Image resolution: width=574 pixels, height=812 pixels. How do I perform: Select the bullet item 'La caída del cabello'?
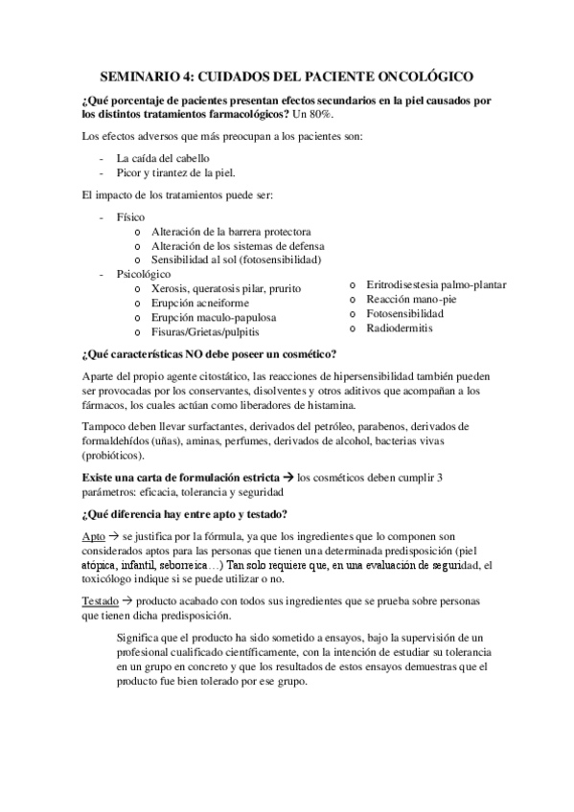tap(162, 158)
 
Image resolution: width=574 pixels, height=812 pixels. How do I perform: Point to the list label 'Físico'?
tap(131, 217)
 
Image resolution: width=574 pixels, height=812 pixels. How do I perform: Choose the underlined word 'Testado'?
tap(101, 598)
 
